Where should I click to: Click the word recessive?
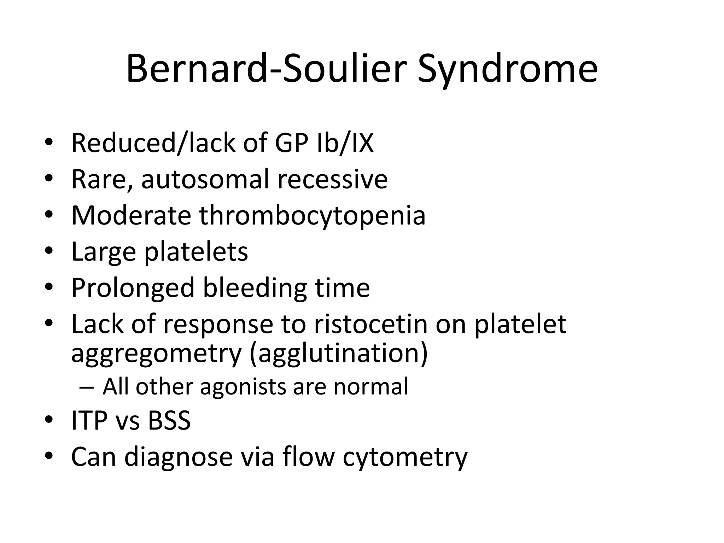332,179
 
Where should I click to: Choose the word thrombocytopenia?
312,216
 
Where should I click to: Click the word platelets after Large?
196,252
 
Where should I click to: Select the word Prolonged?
133,288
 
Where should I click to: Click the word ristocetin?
371,324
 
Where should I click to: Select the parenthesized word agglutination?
339,354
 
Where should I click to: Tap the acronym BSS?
169,421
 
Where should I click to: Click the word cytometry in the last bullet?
405,457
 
